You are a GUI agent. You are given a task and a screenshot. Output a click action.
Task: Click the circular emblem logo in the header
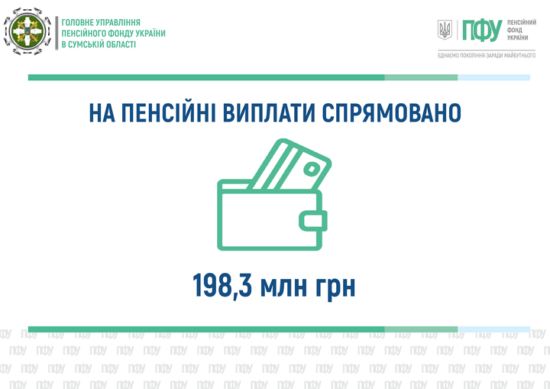tap(27, 31)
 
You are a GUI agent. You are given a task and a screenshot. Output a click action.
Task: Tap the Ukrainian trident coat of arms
tap(445, 30)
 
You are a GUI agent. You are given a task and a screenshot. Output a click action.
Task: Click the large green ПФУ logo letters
tap(482, 31)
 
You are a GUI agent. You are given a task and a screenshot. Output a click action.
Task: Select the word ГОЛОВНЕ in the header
tap(74, 22)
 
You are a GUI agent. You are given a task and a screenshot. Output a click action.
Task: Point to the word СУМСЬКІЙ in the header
tap(86, 44)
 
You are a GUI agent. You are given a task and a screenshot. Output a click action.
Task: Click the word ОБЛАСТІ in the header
tap(121, 44)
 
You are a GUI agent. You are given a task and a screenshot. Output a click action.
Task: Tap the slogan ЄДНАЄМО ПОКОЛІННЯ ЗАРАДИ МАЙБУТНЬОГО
tap(487, 56)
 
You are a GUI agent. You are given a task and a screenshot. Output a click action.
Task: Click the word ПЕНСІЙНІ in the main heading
tap(168, 112)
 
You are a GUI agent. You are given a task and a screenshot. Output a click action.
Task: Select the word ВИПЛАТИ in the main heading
tap(269, 112)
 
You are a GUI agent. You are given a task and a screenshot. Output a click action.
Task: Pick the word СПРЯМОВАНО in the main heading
tap(391, 112)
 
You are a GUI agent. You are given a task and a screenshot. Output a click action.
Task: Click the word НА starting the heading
tap(102, 112)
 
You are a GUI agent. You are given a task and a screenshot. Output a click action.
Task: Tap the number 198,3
tap(222, 285)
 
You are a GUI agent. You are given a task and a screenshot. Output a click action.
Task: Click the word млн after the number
tap(284, 288)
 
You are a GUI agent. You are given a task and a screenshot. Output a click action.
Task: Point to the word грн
tap(336, 290)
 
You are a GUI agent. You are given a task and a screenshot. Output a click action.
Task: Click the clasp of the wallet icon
tap(313, 221)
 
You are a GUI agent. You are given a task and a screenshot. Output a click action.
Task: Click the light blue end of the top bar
tap(494, 77)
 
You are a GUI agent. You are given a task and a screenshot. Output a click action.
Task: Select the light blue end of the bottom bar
tap(494, 329)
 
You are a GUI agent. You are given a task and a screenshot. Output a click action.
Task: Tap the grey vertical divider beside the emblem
tap(57, 33)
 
